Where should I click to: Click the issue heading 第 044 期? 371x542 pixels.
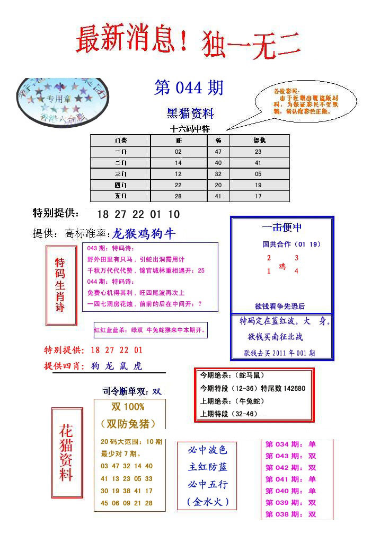(x=189, y=88)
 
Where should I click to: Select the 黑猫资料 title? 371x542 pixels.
(x=190, y=113)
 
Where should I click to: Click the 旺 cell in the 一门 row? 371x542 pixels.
(x=178, y=152)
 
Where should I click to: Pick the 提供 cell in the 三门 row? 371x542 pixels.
(x=258, y=174)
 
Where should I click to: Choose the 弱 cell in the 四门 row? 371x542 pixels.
(x=218, y=185)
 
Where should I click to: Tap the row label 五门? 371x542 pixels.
(x=120, y=196)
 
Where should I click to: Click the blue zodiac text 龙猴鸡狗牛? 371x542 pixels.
(x=144, y=234)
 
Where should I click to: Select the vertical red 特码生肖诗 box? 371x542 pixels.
(x=60, y=285)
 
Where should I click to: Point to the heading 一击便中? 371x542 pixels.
(x=282, y=228)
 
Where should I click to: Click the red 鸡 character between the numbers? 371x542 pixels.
(x=282, y=266)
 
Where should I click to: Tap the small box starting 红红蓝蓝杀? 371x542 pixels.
(x=151, y=330)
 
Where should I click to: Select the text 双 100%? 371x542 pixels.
(x=128, y=407)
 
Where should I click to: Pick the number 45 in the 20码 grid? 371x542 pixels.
(x=104, y=503)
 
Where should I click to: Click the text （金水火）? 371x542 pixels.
(x=207, y=501)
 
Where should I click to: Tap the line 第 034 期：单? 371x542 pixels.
(x=290, y=444)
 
